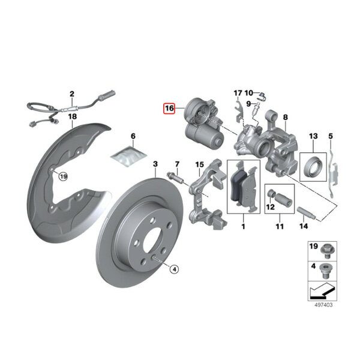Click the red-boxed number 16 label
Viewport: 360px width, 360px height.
point(169,109)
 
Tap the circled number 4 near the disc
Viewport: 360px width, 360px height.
point(174,269)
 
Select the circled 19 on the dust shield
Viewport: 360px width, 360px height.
point(63,176)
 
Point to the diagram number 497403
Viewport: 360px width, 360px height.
point(323,305)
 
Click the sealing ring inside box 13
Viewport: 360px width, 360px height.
point(313,166)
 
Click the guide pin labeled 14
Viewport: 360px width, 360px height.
point(307,213)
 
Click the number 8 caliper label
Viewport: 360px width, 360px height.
point(285,118)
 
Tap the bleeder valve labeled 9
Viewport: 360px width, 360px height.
point(256,110)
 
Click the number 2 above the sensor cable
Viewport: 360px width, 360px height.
point(72,94)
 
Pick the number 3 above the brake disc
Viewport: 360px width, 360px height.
point(155,164)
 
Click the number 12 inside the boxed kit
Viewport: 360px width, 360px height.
point(270,207)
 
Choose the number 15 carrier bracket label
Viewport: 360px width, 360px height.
point(199,164)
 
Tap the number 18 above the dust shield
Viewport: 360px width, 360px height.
point(73,116)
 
